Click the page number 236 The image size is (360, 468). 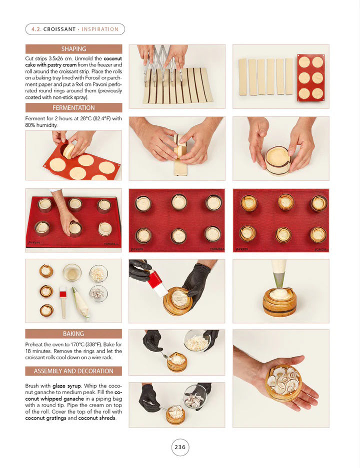point(180,447)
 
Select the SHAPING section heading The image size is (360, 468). point(73,49)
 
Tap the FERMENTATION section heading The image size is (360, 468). point(73,108)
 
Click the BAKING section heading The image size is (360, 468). point(73,334)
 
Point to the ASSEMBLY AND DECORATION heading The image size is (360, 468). point(73,371)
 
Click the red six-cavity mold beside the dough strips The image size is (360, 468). point(310,77)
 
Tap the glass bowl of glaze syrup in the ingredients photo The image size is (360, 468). point(72,272)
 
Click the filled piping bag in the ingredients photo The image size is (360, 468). point(80,303)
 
